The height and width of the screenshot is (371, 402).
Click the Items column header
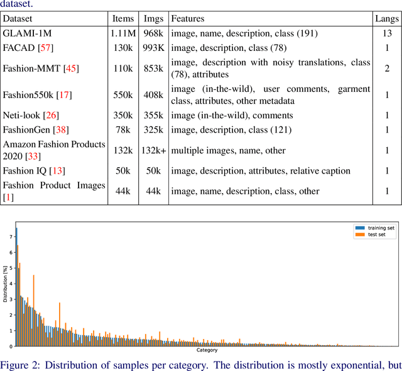coord(122,19)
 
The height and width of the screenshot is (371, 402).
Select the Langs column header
coord(386,19)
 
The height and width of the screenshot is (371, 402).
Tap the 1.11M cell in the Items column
coord(122,33)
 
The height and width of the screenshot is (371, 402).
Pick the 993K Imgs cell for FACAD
coord(154,48)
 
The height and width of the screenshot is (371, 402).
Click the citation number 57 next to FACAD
coord(46,48)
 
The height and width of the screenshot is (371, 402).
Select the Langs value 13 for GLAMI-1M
coord(386,33)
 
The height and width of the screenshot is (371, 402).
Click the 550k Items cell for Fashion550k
coord(122,96)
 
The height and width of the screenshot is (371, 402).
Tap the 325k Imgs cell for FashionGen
coord(154,130)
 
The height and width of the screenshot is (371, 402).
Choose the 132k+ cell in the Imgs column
coord(154,150)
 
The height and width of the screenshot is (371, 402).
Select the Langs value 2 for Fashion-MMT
coord(386,68)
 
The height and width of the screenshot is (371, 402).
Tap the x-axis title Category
coord(207,350)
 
